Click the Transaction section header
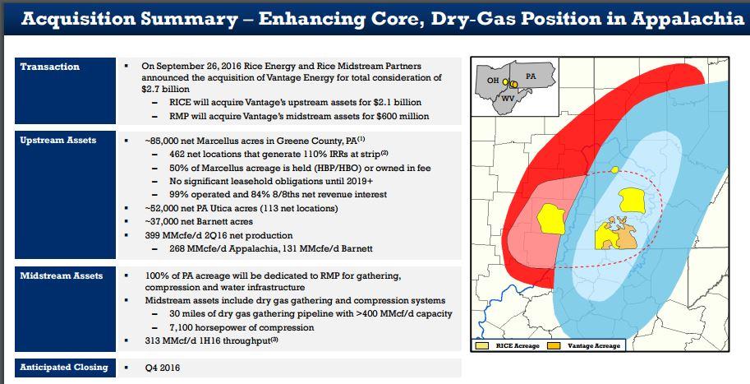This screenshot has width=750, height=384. [50, 67]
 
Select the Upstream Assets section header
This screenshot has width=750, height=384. [58, 141]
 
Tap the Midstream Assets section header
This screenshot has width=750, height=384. [62, 275]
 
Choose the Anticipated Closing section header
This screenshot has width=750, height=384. [64, 368]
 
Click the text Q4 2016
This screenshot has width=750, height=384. [163, 368]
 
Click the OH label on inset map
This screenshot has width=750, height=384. [493, 81]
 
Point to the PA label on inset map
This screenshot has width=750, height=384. [531, 76]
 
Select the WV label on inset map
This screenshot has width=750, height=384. [508, 98]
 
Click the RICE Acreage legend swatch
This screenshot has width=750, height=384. [482, 345]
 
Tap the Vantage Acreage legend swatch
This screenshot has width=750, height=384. [554, 345]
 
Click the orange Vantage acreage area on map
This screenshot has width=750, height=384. [623, 235]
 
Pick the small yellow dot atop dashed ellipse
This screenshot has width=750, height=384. [614, 169]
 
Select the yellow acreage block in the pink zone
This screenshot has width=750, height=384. [551, 219]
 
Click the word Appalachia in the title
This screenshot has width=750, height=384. [688, 18]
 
